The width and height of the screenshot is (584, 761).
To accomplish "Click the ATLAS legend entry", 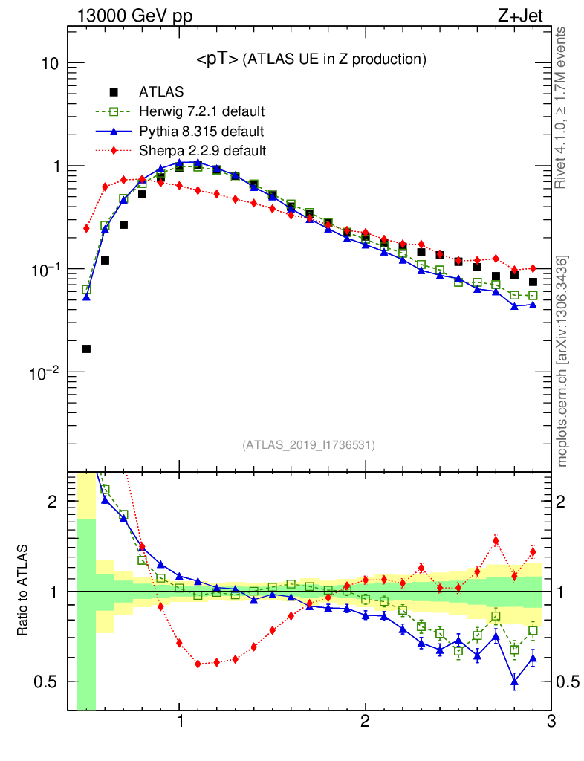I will coord(161,92).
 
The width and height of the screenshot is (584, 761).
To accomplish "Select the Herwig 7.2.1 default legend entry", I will coord(201,112).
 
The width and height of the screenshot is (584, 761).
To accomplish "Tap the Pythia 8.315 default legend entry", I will coord(201,132).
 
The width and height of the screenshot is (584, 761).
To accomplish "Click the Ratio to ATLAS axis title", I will coord(23,591).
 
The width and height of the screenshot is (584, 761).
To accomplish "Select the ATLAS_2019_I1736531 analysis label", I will coord(308,445).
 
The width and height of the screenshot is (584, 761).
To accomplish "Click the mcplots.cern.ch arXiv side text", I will coord(562,361).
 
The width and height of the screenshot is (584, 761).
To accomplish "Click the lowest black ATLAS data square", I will coord(86,349).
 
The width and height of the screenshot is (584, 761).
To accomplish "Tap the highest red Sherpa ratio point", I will coord(496,540).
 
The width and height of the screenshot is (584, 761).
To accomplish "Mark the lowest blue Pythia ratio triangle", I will coord(514,680).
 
